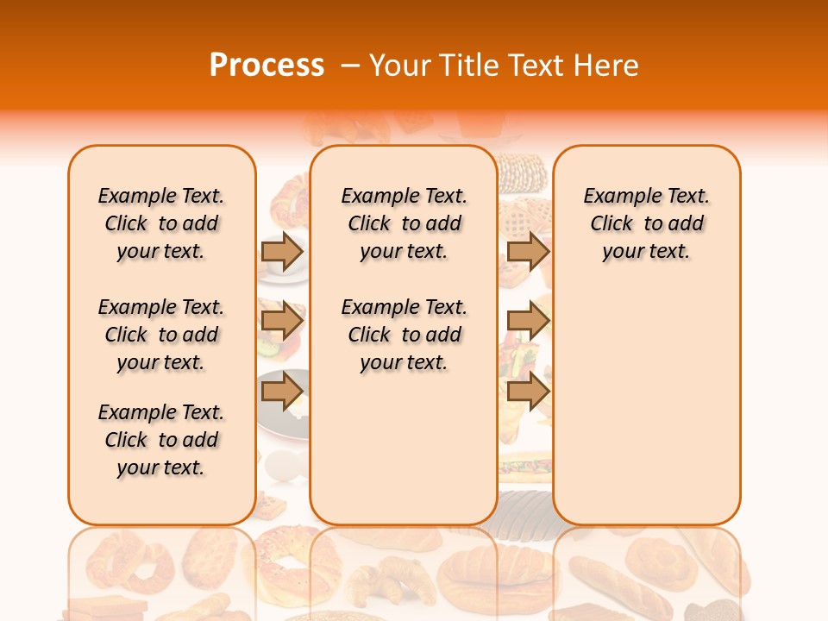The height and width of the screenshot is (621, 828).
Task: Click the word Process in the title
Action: [267, 66]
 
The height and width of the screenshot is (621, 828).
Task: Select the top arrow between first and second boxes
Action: [282, 251]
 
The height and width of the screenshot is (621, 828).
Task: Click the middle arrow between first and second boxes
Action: [282, 322]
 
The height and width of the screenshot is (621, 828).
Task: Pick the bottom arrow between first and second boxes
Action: [282, 392]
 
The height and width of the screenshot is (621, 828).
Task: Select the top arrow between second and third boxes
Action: [528, 251]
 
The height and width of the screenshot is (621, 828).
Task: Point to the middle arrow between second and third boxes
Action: [528, 322]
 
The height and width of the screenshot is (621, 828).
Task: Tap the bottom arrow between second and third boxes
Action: [528, 392]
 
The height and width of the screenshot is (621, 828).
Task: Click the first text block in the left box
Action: [161, 223]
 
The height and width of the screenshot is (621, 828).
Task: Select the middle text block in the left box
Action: [161, 335]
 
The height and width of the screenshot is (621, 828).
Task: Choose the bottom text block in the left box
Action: [161, 440]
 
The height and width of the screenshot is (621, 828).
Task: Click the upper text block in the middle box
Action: [404, 223]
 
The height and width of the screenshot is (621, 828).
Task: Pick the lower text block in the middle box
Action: [404, 335]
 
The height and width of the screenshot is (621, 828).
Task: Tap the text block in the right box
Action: [646, 223]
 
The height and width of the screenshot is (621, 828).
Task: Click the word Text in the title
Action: [536, 66]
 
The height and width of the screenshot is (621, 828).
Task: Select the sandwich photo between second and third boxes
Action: [524, 467]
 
